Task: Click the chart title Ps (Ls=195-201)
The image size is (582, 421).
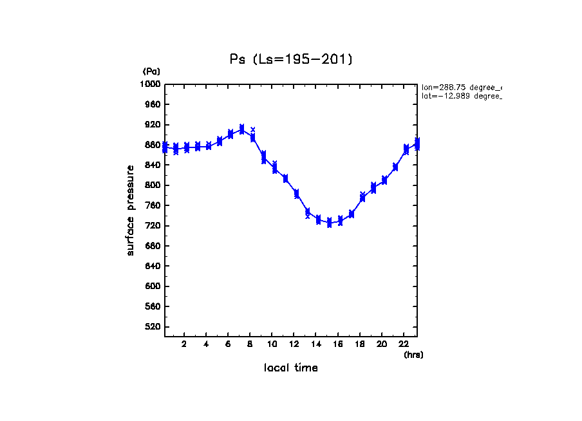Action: click(291, 59)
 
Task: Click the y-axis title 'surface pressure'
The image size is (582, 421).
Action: click(131, 210)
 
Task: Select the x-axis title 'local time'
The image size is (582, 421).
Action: click(291, 368)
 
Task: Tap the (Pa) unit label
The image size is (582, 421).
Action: click(151, 71)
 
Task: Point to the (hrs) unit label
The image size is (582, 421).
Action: click(413, 354)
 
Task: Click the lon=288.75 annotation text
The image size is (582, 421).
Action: click(461, 87)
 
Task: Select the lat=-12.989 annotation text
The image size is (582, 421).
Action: click(461, 96)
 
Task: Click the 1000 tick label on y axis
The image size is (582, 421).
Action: click(152, 84)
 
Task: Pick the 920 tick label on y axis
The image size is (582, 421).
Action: click(154, 124)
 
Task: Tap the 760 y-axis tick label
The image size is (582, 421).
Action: click(154, 205)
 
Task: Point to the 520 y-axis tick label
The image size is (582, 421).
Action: click(154, 327)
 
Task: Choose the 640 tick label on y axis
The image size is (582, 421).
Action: click(154, 266)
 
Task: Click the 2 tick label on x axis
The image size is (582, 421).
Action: click(184, 344)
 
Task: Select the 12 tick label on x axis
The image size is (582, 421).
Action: click(294, 344)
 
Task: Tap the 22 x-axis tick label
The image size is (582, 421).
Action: click(404, 344)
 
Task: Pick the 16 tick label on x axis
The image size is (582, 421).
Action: click(338, 344)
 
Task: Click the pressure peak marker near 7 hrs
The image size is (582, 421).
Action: click(241, 129)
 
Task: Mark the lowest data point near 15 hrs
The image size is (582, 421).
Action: click(329, 223)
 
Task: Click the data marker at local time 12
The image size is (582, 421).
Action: click(296, 193)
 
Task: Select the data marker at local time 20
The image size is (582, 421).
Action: click(384, 180)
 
